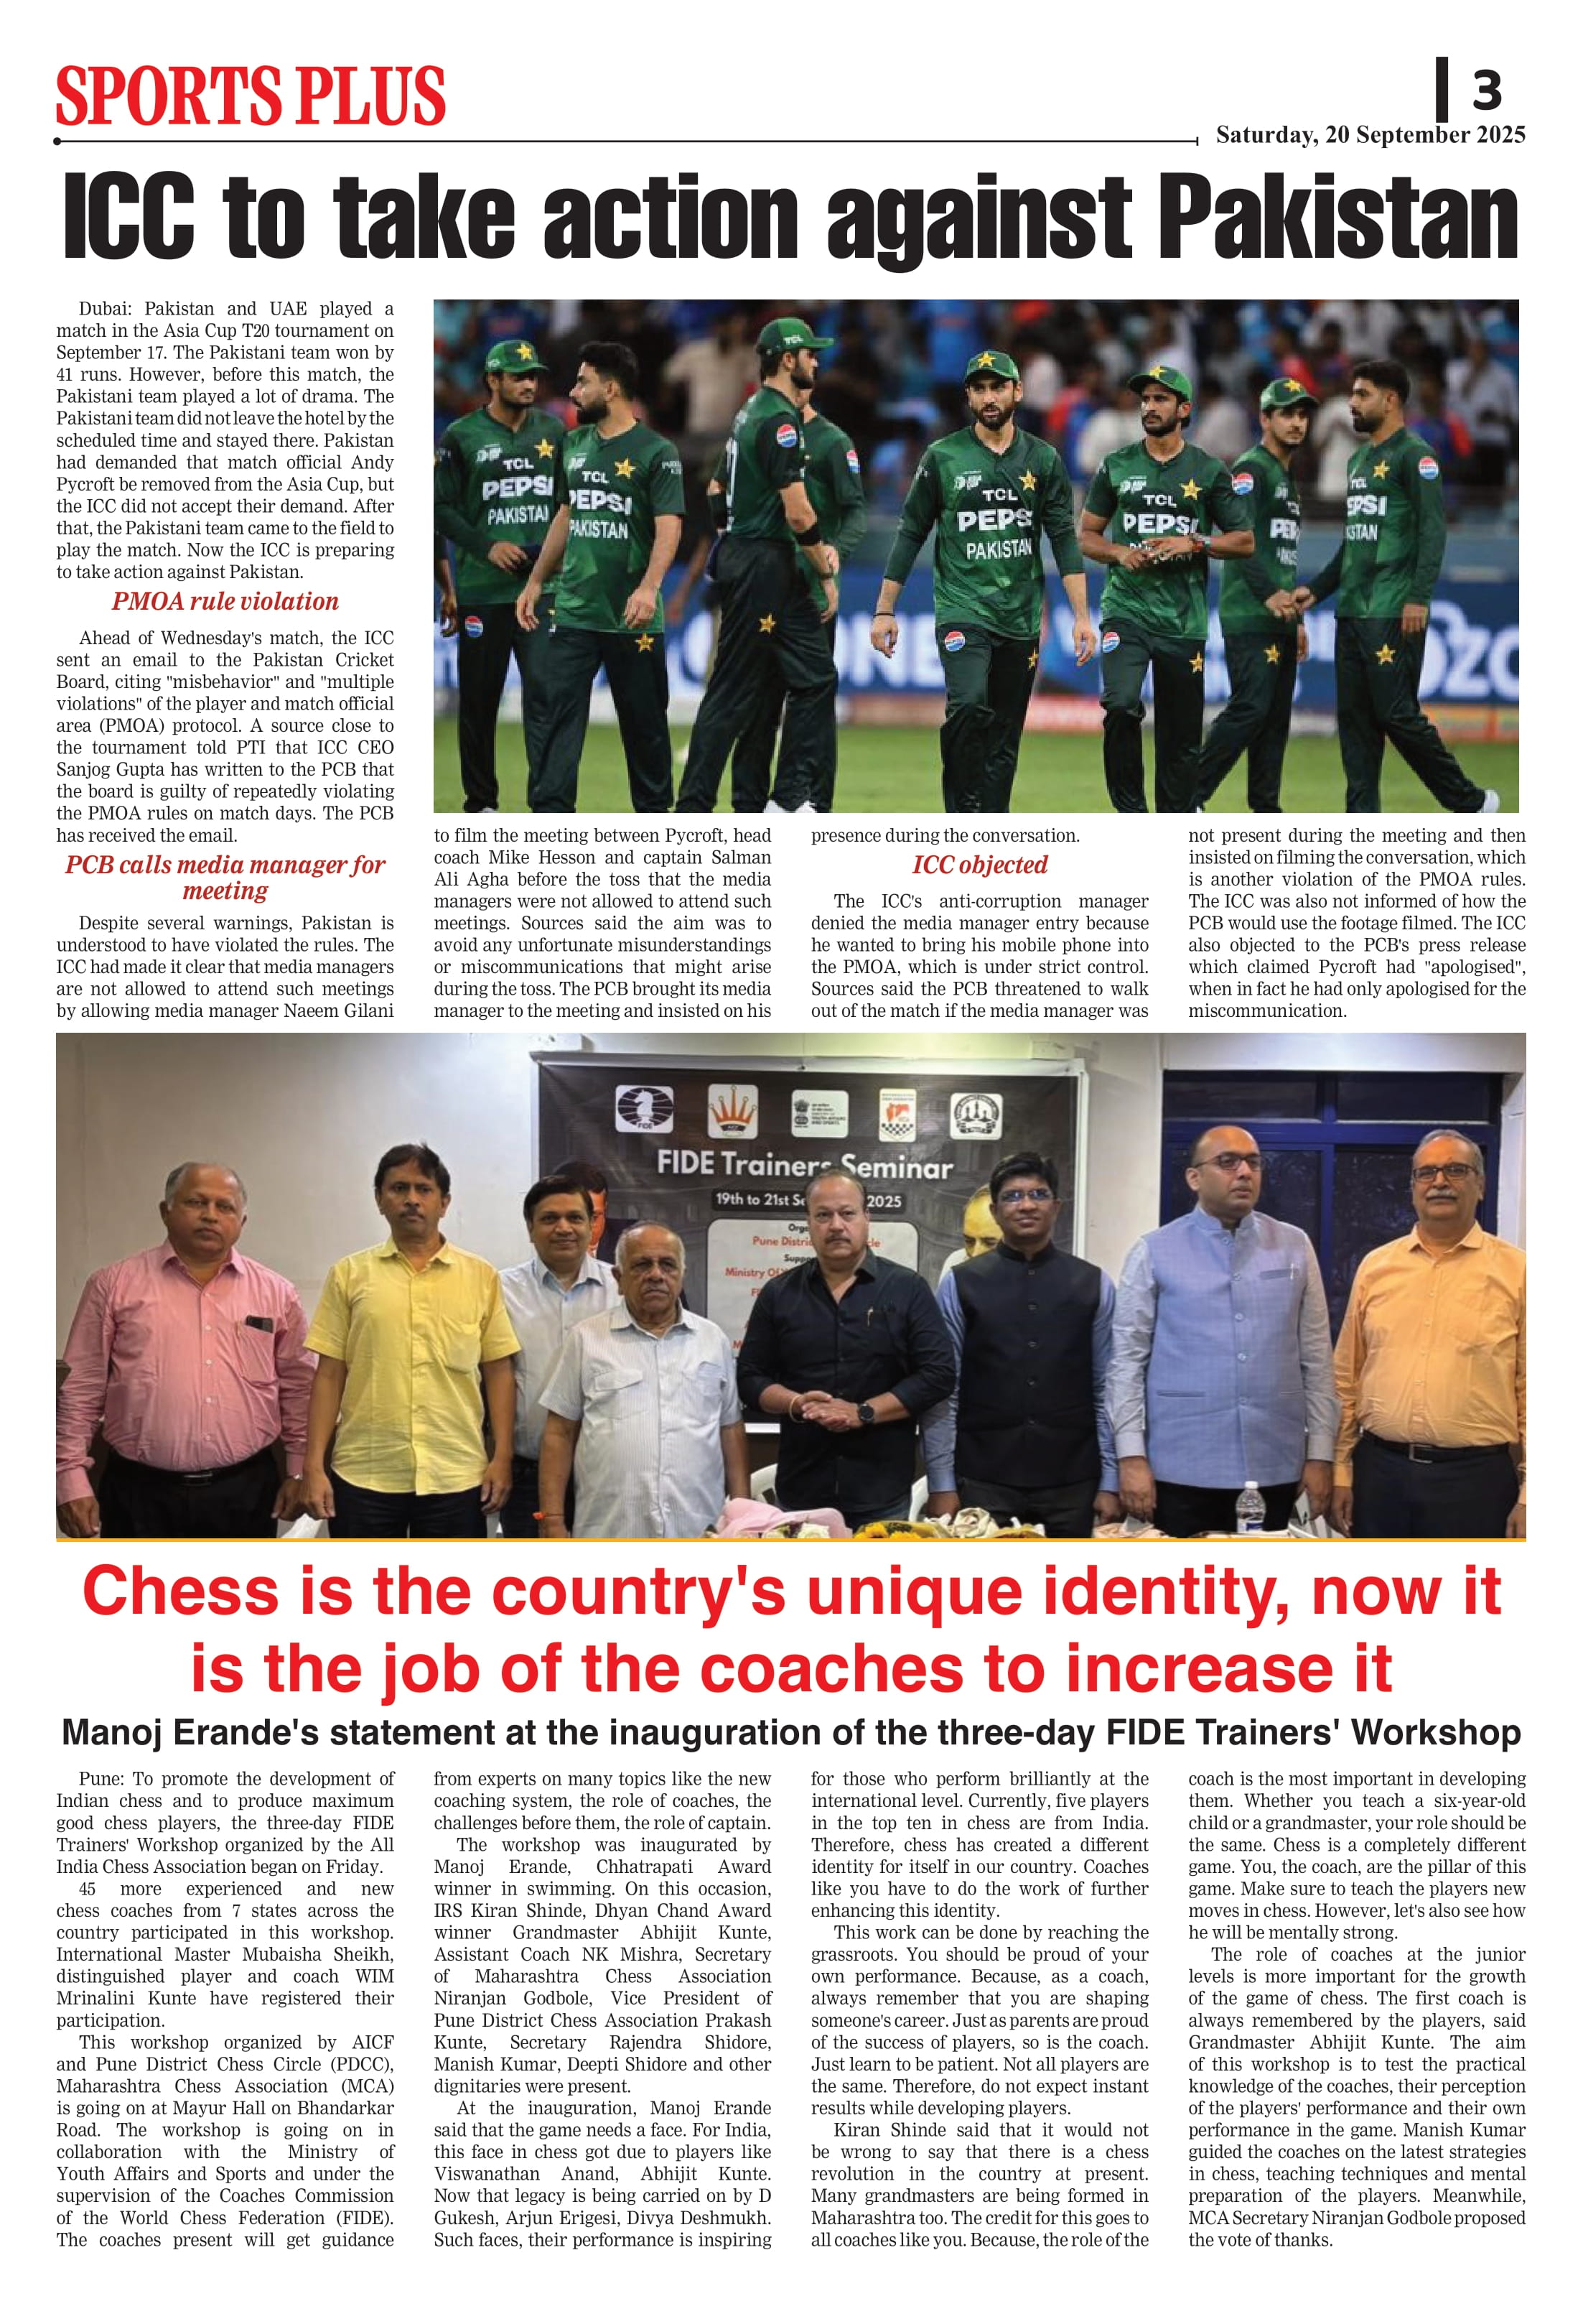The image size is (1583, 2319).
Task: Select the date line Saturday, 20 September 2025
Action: [1370, 136]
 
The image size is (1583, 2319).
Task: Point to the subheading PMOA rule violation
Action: [225, 602]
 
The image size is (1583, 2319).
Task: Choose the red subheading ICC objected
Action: [979, 865]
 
